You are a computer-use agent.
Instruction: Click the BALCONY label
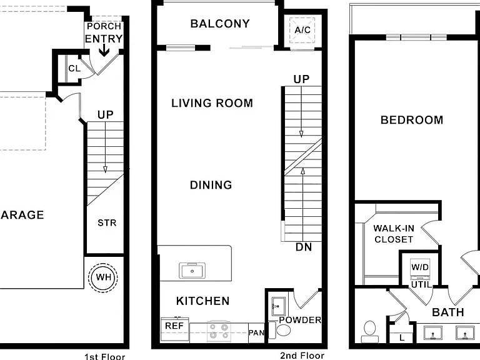(220, 24)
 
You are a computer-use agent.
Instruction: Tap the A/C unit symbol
(302, 30)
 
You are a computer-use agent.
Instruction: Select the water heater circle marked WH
(103, 277)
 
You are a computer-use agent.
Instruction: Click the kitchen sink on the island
(192, 271)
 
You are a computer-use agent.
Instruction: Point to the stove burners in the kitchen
(219, 331)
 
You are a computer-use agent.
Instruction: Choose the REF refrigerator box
(175, 329)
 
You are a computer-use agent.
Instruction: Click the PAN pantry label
(256, 332)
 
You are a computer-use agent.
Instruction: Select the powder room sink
(279, 306)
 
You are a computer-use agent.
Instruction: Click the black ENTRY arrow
(104, 50)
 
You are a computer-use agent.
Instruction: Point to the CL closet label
(74, 68)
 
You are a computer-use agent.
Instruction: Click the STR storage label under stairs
(107, 223)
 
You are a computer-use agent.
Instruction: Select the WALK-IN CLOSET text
(394, 234)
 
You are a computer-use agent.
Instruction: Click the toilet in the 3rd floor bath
(370, 332)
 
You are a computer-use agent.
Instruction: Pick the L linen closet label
(402, 337)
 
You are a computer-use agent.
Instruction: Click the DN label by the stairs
(304, 247)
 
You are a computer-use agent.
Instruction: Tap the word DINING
(211, 185)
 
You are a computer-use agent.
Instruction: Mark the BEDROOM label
(412, 120)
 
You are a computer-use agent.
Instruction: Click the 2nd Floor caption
(302, 356)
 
